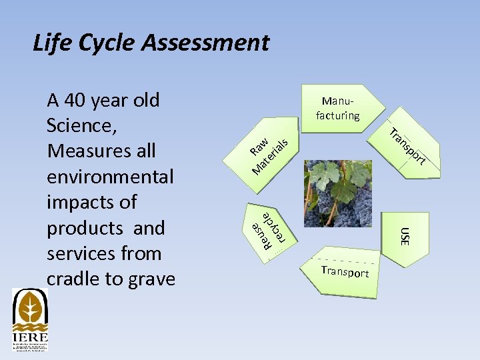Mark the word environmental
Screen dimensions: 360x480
click(x=110, y=177)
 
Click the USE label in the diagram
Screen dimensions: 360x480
click(x=404, y=235)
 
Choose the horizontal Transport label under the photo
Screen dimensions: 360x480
click(x=345, y=271)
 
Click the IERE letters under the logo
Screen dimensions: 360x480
click(x=30, y=337)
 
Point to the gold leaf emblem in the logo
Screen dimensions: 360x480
click(x=30, y=307)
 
